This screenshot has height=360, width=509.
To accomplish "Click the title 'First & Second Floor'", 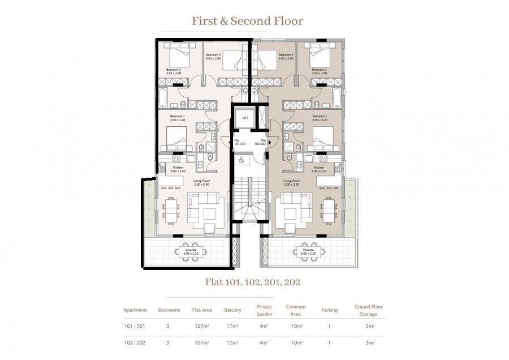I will click(247, 21).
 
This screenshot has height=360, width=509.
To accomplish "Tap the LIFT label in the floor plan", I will click(245, 118).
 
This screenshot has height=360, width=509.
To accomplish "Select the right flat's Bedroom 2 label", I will click(319, 71).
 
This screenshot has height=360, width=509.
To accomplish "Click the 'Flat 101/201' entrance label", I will click(239, 142).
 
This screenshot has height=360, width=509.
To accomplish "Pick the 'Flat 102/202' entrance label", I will click(262, 142).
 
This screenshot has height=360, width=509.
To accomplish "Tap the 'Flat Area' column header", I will click(202, 310).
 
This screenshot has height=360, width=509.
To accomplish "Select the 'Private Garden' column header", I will click(264, 310).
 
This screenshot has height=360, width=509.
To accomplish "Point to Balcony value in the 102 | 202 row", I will click(232, 343).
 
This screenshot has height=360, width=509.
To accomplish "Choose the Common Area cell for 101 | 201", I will click(295, 327).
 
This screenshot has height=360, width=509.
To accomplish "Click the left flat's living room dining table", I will click(170, 212).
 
